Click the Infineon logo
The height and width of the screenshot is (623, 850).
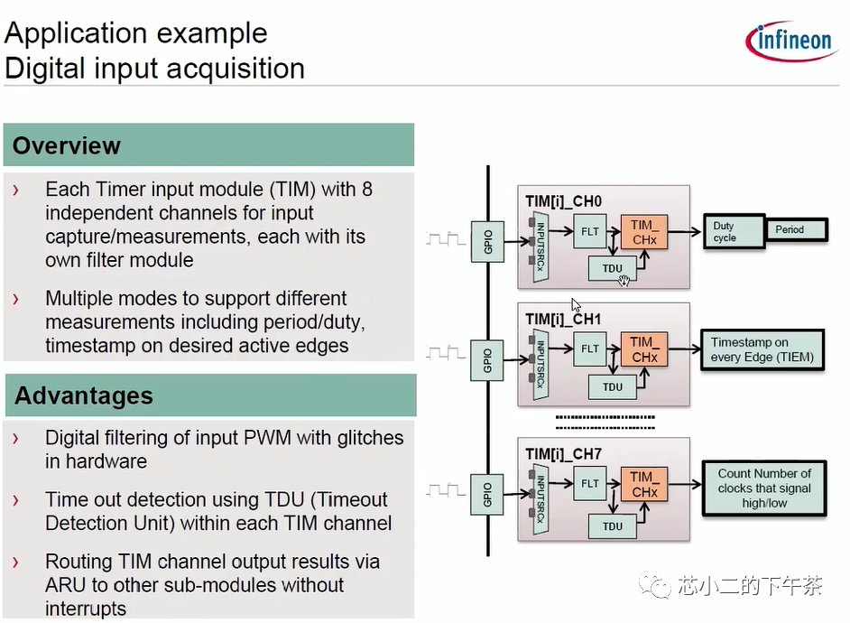(x=790, y=41)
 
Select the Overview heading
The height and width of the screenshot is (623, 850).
(x=67, y=145)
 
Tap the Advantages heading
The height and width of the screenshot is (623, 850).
(x=83, y=395)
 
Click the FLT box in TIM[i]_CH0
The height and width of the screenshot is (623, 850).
(x=590, y=232)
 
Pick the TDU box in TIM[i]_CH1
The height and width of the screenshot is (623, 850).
(x=613, y=386)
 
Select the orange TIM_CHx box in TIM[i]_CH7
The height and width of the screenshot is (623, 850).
(x=644, y=484)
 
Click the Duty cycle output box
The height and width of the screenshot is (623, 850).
(x=732, y=232)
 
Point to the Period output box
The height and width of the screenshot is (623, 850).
(x=795, y=230)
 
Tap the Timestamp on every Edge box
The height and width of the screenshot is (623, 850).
(x=762, y=350)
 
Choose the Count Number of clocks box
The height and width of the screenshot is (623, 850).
(x=764, y=488)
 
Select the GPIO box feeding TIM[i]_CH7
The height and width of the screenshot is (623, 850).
(x=487, y=490)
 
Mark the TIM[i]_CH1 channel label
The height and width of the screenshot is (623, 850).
(x=562, y=319)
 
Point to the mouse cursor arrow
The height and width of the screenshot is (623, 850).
(x=576, y=305)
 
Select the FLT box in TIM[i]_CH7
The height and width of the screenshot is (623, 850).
(x=590, y=483)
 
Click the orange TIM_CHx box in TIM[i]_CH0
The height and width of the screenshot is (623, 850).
(x=644, y=232)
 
